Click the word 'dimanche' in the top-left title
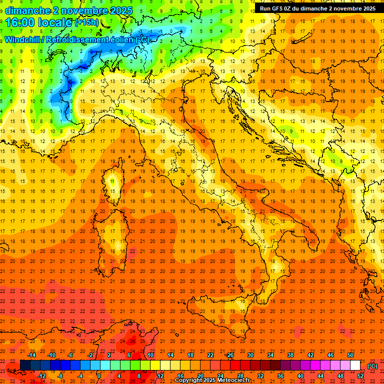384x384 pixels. [x=27, y=10]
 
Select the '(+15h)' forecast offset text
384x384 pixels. [x=86, y=22]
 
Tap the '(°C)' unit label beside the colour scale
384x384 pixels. [x=372, y=366]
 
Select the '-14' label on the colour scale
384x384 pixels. [x=32, y=355]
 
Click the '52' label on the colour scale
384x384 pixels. [x=360, y=376]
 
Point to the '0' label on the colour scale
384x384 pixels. [x=98, y=376]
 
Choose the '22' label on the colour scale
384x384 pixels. [x=210, y=355]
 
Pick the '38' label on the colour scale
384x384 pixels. [x=290, y=355]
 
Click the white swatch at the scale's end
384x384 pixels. [x=355, y=365]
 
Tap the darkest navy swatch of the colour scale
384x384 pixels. [x=25, y=365]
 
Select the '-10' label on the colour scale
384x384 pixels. [x=51, y=355]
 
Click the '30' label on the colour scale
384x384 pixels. [x=250, y=355]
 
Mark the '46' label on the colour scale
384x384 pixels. [x=330, y=355]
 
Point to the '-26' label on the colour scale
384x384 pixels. [x=229, y=355]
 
